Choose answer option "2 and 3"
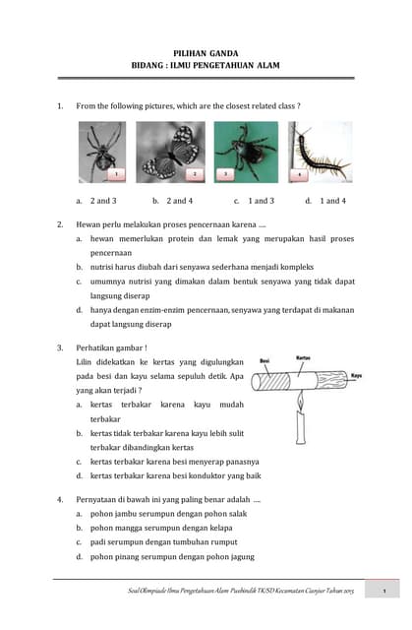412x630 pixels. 102,200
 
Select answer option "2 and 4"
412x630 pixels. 179,200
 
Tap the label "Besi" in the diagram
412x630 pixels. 265,361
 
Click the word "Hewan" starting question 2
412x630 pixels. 90,224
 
